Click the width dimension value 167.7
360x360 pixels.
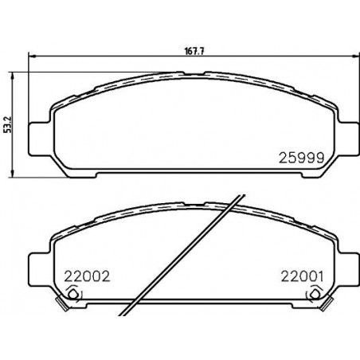point(194,52)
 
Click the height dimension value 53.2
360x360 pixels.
point(8,124)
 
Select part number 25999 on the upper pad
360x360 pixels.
point(301,158)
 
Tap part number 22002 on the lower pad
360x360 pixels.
point(87,277)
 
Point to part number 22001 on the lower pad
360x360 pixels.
point(303,276)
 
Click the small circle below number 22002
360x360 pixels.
point(72,294)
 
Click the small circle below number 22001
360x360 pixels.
point(315,294)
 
